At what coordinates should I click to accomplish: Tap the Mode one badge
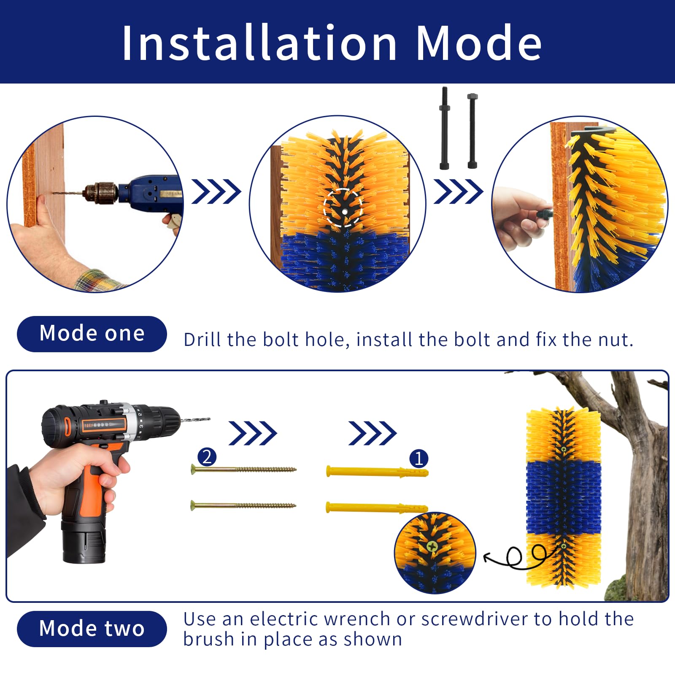coord(92,334)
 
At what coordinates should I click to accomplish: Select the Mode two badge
coord(92,629)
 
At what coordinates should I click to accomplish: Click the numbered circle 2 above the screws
coord(207,457)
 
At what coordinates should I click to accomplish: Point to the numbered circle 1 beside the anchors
coord(418,458)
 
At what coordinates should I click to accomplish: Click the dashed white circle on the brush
coord(343,208)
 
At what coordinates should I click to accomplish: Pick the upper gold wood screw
coord(244,470)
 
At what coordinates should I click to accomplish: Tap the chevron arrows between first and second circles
coord(216,192)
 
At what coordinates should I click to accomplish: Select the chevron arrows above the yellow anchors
coord(372,433)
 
